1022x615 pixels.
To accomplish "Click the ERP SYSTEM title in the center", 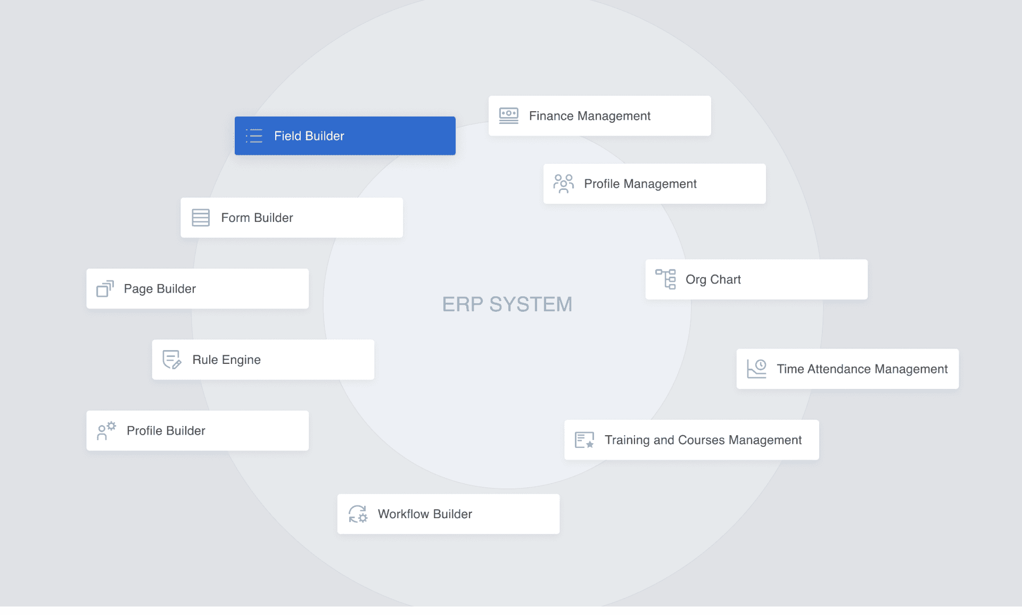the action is click(x=507, y=304).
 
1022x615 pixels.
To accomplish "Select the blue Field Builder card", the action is click(x=345, y=136).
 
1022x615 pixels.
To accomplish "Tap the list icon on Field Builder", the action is click(x=254, y=136).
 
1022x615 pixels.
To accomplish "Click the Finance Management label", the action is click(x=589, y=116).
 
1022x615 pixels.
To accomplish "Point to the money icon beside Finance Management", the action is click(x=508, y=115).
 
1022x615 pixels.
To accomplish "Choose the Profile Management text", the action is click(x=640, y=184).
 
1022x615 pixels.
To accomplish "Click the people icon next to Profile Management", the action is click(x=563, y=184).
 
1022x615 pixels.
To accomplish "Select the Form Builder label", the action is click(x=257, y=218).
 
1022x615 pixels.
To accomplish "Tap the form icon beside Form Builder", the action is click(x=201, y=218).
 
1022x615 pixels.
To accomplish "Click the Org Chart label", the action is click(x=713, y=280).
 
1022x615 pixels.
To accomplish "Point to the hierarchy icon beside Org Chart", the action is click(x=665, y=279).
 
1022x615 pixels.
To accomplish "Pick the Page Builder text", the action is click(x=160, y=289).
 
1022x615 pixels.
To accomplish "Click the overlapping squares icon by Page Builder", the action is click(x=105, y=288).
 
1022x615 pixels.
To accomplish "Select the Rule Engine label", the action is click(x=226, y=360).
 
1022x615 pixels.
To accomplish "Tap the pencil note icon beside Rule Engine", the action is click(x=171, y=360).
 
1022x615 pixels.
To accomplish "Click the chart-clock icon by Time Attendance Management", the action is click(x=756, y=368).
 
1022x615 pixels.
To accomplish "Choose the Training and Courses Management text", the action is click(x=703, y=441).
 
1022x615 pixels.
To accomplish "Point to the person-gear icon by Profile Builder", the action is click(x=106, y=430).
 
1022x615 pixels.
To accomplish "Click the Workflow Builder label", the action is click(x=425, y=514).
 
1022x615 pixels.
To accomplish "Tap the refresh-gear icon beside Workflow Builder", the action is click(x=358, y=514).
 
